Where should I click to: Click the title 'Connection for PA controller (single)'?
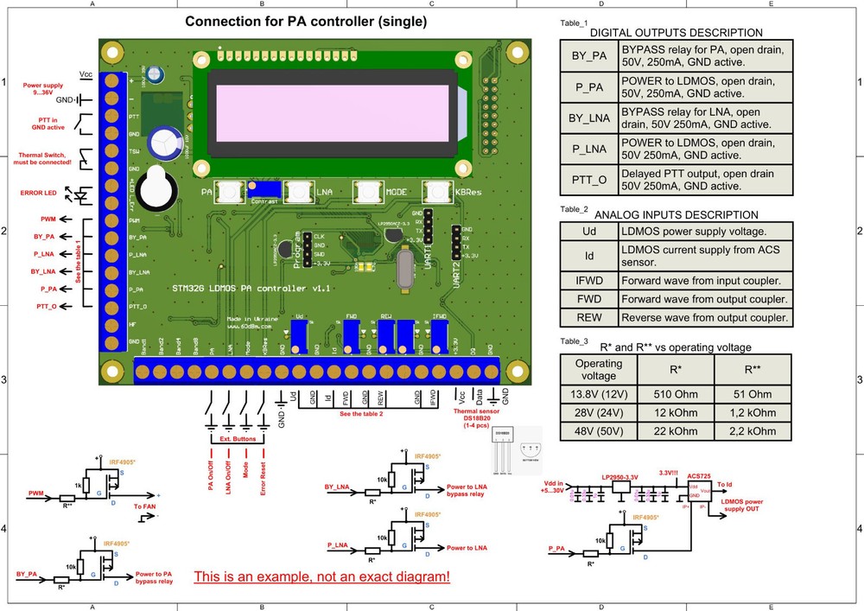click(306, 21)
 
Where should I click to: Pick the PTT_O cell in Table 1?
click(589, 180)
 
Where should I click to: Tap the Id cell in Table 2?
click(588, 256)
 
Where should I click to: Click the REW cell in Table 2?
click(588, 318)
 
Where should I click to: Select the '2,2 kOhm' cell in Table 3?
click(752, 430)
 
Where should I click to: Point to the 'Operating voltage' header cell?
click(599, 370)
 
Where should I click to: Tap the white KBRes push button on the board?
click(437, 192)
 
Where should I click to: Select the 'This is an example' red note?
click(321, 576)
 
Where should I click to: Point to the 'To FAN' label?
click(145, 506)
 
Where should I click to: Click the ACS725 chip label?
click(700, 475)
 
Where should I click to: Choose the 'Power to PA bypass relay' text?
click(154, 578)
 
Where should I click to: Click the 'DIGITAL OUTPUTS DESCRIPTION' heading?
click(676, 33)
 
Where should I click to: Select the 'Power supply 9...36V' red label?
click(41, 91)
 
